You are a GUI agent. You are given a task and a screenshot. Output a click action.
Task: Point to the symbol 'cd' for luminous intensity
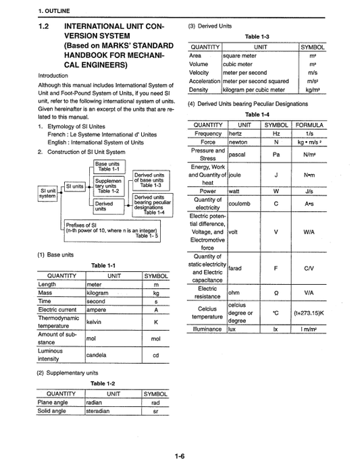pos(155,355)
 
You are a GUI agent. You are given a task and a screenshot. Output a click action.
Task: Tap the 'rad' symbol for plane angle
pos(155,402)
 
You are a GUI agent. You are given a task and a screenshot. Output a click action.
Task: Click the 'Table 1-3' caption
pos(257,37)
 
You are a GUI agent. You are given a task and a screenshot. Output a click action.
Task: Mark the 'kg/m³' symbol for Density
pos(312,89)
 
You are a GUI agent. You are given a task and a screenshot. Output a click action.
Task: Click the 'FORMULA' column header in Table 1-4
pos(309,125)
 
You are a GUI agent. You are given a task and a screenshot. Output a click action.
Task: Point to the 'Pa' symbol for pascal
pos(276,155)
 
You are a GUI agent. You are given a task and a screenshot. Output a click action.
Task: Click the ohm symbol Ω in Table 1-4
pos(276,292)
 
